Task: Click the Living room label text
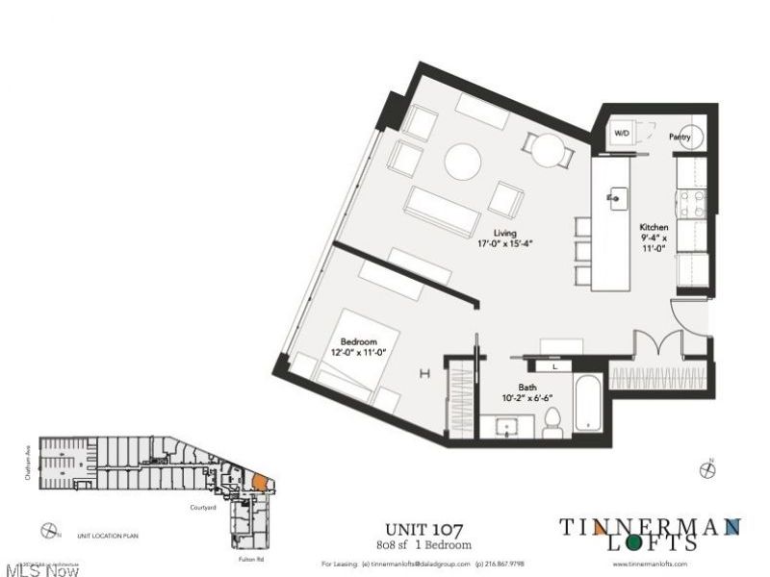point(505,233)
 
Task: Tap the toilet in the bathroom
point(552,419)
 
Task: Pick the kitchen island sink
point(612,198)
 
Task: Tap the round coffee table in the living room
point(463,160)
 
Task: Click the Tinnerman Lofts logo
point(652,534)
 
